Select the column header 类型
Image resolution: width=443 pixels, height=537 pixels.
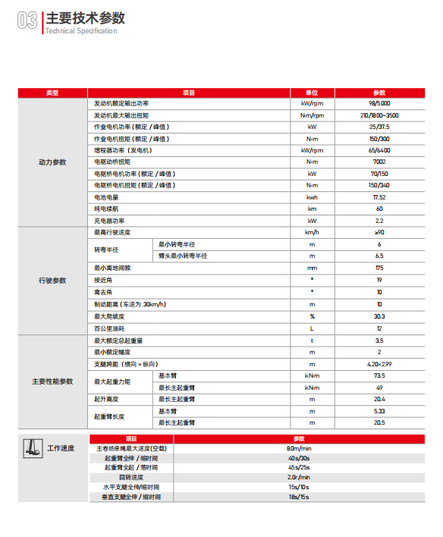coord(52,93)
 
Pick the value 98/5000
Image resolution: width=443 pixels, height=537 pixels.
coord(379,103)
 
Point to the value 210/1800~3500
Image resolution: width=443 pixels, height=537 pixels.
coord(379,115)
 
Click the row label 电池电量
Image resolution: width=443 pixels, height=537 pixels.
coord(106,197)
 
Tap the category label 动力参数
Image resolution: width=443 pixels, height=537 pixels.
coord(52,162)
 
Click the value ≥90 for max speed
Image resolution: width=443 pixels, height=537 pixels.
coord(379,232)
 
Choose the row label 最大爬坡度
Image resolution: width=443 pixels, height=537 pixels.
coord(109,316)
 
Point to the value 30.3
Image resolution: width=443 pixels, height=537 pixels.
coord(379,316)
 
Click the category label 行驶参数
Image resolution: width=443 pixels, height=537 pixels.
coord(52,281)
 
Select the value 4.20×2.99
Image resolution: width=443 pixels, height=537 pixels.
coord(379,364)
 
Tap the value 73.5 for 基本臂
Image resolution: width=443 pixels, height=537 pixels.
coord(379,375)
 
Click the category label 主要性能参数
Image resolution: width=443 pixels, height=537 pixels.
coord(52,381)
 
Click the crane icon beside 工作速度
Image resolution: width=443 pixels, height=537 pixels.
coord(32,448)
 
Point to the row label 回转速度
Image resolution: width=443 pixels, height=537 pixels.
coord(132,477)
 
